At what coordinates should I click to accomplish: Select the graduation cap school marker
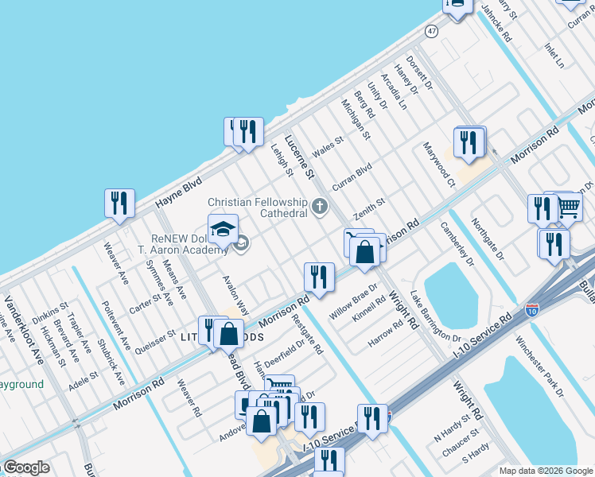coord(224,229)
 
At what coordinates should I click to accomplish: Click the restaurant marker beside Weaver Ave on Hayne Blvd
coord(119,203)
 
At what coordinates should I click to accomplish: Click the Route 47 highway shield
coord(431,31)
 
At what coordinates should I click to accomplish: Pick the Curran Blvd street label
coord(352,173)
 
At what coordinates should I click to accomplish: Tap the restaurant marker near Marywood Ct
coord(469,142)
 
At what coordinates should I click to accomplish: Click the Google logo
coord(25,467)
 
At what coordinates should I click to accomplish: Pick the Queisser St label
coord(155,339)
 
